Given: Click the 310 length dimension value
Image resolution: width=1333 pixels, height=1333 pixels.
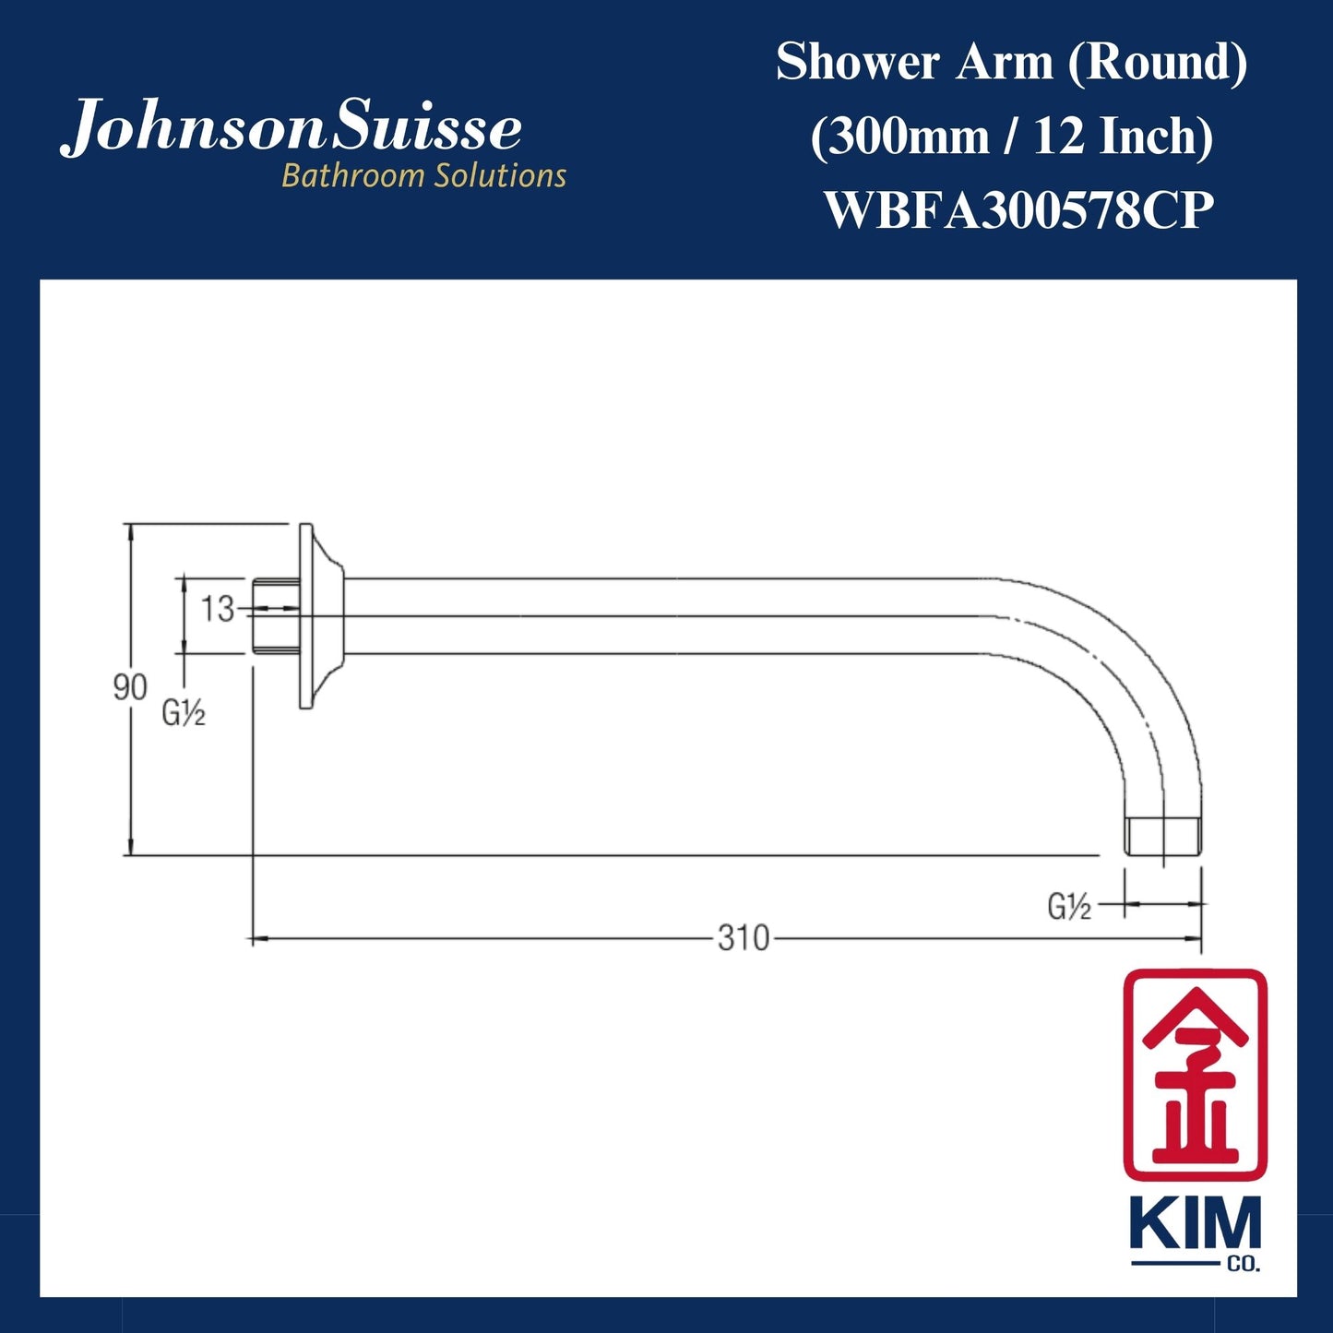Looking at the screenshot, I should [743, 938].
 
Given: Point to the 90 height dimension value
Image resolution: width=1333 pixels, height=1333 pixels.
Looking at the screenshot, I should [129, 687].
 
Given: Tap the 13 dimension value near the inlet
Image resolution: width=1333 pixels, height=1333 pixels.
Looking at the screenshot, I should [218, 609].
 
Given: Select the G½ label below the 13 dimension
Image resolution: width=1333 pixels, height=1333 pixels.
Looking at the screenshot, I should [184, 713].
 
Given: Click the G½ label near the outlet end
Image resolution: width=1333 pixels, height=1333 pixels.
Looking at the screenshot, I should [1069, 907].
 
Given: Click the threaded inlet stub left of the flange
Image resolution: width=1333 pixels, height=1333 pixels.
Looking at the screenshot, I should [275, 616].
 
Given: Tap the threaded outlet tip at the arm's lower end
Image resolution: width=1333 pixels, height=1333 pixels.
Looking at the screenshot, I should [1162, 836].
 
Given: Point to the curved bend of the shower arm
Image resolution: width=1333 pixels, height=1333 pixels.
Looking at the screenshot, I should [1107, 664].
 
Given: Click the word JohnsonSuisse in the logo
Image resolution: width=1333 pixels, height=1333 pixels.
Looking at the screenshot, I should [292, 128].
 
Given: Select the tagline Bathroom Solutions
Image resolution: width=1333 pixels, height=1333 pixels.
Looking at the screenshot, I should [423, 175].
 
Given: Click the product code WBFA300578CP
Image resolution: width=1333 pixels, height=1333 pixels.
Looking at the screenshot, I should [1018, 210].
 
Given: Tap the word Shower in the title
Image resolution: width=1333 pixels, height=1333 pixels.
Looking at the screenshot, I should [859, 63].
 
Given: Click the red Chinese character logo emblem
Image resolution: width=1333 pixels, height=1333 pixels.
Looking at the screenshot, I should [1195, 1075].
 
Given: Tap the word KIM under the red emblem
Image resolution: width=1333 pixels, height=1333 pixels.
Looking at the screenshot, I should [1195, 1225].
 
